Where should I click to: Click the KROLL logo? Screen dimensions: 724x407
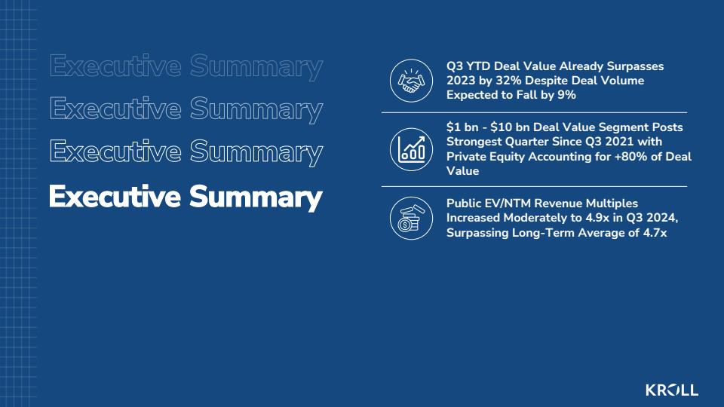[672, 390]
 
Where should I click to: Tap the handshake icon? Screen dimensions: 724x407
[411, 81]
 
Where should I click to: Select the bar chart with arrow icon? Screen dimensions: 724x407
[411, 149]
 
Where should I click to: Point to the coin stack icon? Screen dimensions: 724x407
[411, 219]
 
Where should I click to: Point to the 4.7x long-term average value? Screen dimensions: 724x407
[655, 233]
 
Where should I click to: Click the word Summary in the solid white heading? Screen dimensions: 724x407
[256, 197]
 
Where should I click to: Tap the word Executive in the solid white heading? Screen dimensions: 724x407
[115, 197]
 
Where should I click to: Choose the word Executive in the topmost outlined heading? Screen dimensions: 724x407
[115, 66]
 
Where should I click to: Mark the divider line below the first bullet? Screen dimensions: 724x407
[534, 112]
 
